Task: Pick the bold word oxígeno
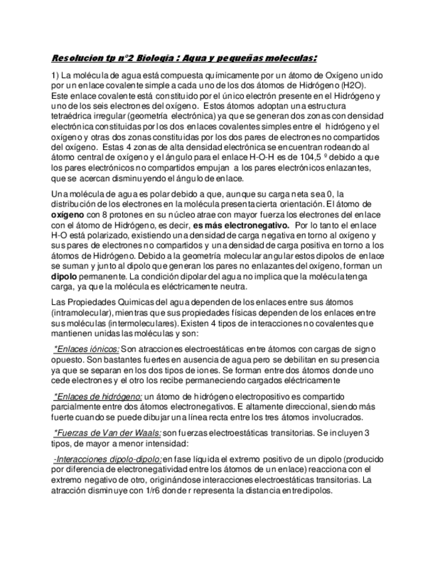point(70,215)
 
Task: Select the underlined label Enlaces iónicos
point(86,349)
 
